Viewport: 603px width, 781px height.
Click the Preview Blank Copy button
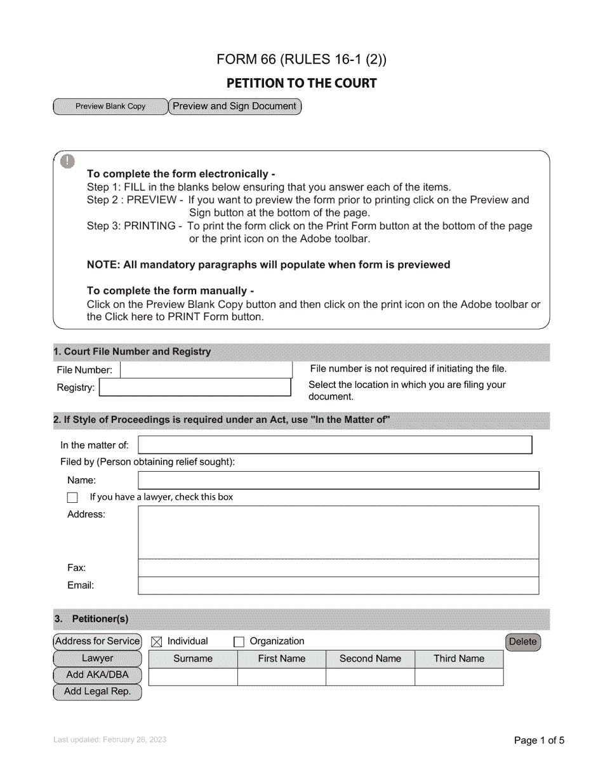110,107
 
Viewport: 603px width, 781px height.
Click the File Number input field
206,370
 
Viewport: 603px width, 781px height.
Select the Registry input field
195,387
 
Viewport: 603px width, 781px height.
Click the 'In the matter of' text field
335,445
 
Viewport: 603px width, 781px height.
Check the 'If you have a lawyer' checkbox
73,498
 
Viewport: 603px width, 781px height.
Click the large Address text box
338,532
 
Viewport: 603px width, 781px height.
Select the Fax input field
338,568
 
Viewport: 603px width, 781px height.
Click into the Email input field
338,585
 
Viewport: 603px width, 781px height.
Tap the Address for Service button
97,641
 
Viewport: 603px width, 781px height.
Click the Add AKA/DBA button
97,675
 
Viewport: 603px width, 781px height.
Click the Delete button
523,642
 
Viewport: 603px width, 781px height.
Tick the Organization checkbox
239,642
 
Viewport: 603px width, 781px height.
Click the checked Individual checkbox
157,642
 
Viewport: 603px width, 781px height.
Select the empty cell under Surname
193,677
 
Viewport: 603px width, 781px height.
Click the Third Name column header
459,659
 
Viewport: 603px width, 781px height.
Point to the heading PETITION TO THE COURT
301,83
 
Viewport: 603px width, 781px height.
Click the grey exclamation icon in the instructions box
68,161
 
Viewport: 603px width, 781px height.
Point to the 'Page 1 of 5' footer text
538,740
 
